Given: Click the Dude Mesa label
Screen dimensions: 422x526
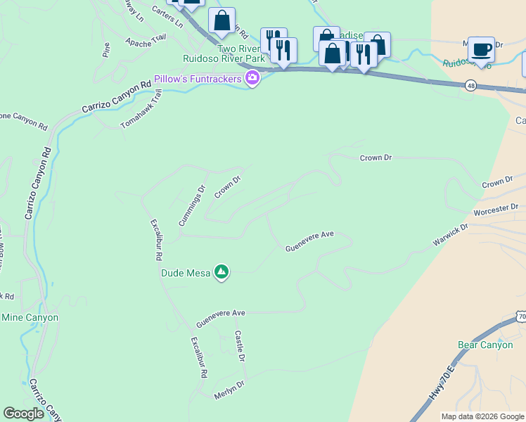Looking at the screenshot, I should (186, 273).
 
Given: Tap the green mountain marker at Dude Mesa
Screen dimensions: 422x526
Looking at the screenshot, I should (222, 271).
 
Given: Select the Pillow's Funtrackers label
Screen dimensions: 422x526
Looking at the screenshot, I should (198, 78).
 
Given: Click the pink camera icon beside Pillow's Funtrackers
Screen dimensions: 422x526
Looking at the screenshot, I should (252, 78).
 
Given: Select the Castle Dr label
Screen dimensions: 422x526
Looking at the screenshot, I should (240, 346).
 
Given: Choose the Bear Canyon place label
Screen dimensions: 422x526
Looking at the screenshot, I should (485, 345).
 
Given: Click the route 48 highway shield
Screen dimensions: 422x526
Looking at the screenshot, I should (470, 85).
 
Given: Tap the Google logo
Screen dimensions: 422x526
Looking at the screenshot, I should (23, 414).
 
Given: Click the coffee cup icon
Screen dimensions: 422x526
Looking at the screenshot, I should (481, 49).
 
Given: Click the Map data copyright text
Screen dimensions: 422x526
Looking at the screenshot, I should (482, 416).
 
